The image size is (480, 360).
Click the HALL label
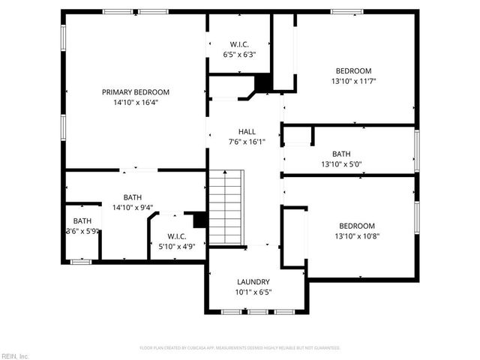247,130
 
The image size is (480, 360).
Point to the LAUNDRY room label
253,282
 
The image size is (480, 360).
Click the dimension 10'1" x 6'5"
253,292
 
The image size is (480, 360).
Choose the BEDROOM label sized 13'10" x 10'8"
357,226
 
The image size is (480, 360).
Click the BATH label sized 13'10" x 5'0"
341,154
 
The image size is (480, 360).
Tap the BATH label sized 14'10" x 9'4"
133,196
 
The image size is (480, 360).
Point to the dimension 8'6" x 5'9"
82,232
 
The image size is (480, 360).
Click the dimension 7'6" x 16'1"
247,141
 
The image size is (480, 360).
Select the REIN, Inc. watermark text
16,355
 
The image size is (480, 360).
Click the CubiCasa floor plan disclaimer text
240,348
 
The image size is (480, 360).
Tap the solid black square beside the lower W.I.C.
200,220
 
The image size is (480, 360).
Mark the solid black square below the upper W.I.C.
263,82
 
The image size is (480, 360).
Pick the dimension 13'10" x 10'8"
357,236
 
